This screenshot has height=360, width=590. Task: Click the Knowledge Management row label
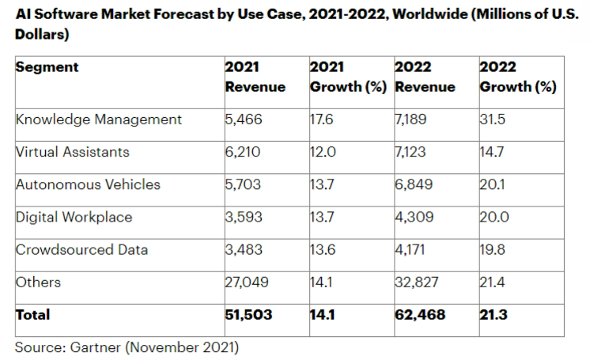(x=99, y=119)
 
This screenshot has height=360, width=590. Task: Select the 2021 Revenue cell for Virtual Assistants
(x=242, y=152)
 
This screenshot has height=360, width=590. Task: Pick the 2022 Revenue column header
(x=425, y=77)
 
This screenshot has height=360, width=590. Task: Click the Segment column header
(x=47, y=67)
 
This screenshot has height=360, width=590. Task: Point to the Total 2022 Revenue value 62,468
(x=419, y=315)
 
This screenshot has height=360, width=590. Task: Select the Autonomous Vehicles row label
(x=88, y=184)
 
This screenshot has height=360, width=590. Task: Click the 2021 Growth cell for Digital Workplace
(x=322, y=218)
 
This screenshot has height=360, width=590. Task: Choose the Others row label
(x=38, y=282)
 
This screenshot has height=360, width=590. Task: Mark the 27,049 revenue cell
(x=245, y=282)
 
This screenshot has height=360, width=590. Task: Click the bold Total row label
(x=32, y=315)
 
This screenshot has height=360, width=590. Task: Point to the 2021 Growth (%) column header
(x=348, y=77)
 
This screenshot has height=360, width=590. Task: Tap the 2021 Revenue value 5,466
(x=242, y=119)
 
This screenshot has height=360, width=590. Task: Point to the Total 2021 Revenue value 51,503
(x=248, y=315)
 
